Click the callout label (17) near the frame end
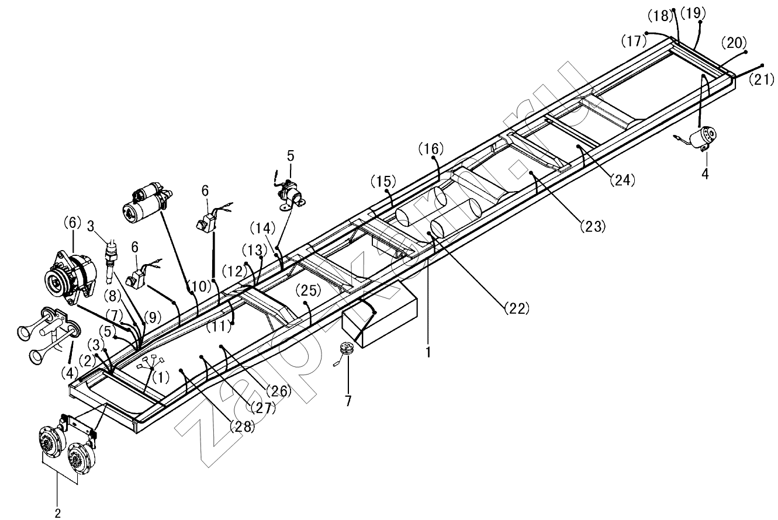coord(634,41)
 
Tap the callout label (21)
coord(762,79)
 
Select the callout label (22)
coord(517,308)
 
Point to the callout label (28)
coord(242,427)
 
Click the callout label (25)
coord(309,291)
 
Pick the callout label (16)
coord(431,148)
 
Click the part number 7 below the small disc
coord(348,401)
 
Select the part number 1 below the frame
coord(428,352)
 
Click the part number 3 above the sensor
coord(91,226)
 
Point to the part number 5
coord(291,156)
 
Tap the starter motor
coord(148,203)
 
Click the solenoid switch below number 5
coord(291,195)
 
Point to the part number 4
coord(705,174)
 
